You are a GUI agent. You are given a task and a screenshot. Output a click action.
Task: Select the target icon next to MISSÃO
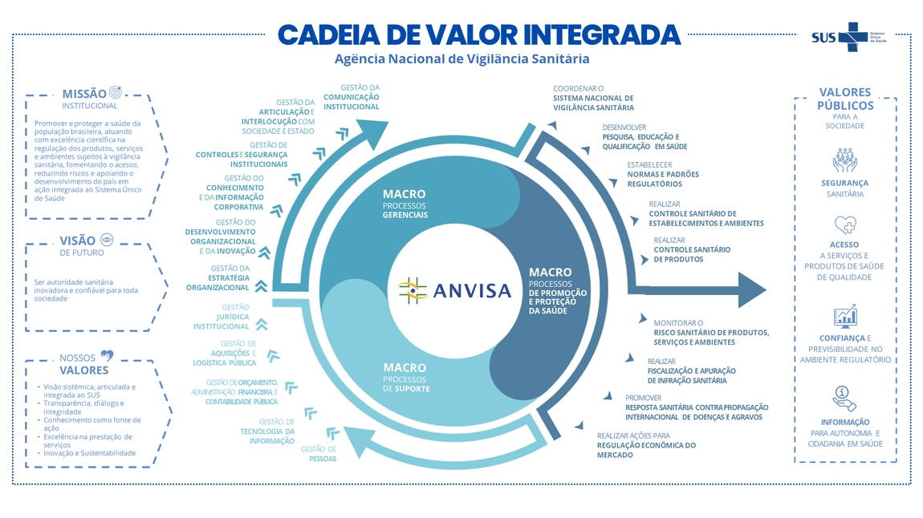[x=116, y=93]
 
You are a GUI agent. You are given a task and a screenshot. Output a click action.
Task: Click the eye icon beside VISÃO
[x=107, y=240]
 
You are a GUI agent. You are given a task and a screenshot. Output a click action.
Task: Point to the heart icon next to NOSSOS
[x=107, y=356]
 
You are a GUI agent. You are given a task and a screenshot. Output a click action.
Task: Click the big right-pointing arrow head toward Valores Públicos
[x=750, y=289]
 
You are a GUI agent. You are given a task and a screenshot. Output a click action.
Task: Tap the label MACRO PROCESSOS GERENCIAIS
[x=405, y=204]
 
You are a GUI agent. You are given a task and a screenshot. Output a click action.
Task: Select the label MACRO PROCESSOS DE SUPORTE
[x=406, y=378]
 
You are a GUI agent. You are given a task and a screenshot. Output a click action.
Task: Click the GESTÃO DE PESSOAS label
[x=319, y=454]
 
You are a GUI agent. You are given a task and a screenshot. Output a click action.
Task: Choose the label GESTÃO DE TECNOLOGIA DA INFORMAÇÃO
[x=268, y=431]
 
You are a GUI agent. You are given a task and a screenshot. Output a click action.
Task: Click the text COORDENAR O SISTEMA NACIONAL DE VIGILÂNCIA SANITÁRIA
[x=593, y=98]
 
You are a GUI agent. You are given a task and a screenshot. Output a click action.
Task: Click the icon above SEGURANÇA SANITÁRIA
[x=844, y=160]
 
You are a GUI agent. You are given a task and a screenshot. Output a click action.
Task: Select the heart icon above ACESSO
[x=844, y=225]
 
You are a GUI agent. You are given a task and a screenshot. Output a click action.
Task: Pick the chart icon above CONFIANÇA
[x=844, y=317]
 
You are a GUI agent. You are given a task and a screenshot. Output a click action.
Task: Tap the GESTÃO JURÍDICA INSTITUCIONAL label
[x=222, y=317]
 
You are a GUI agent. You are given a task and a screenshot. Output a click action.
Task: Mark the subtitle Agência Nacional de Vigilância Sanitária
[x=462, y=59]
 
